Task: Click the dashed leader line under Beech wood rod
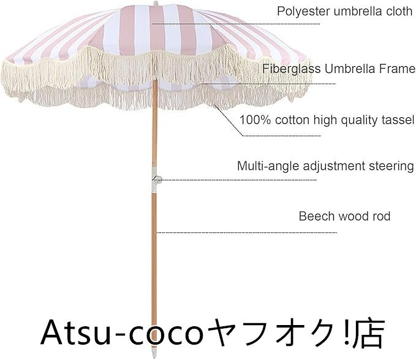[245, 233]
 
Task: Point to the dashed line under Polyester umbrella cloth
[236, 24]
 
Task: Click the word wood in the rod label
[351, 216]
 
